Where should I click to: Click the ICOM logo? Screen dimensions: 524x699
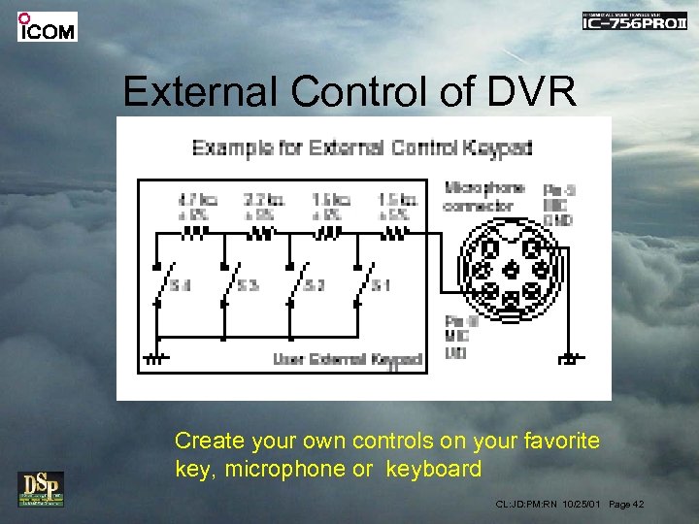point(47,26)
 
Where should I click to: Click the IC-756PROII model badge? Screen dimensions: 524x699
point(634,21)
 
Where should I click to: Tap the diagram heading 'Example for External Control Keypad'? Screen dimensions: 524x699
point(362,147)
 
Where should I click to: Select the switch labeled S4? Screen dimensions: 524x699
point(167,284)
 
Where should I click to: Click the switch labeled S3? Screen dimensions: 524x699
point(235,284)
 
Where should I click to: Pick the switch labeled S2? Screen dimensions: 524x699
point(302,284)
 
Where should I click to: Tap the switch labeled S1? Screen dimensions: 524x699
point(368,284)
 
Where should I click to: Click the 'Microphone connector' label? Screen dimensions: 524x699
point(483,197)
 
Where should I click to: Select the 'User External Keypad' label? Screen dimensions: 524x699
point(348,359)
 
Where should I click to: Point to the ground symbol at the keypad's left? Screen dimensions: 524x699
point(156,359)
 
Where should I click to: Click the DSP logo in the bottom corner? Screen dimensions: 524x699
point(40,488)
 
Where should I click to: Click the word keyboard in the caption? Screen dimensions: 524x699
point(433,470)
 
